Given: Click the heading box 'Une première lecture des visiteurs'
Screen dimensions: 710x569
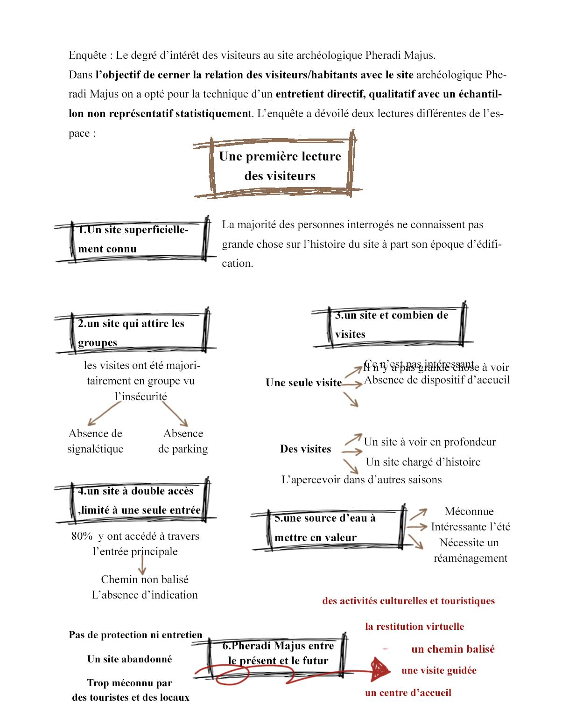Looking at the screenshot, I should [280, 166].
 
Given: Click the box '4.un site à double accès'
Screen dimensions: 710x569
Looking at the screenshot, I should [139, 500].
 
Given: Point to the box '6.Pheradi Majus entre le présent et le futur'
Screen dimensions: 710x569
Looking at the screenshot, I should [278, 653].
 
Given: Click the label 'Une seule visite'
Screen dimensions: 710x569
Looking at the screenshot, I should [303, 383].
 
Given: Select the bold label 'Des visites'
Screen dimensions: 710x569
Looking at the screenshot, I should [305, 449].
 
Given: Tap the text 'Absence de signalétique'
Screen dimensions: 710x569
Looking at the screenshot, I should [95, 441].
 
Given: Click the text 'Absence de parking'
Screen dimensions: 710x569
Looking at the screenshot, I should [183, 441].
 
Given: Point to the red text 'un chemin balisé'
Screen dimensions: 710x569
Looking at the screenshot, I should [453, 649].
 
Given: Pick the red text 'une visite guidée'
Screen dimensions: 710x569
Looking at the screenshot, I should [439, 670].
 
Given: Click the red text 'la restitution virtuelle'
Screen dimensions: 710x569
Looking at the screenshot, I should [414, 626].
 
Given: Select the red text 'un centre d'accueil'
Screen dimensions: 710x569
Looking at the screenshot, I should [408, 693].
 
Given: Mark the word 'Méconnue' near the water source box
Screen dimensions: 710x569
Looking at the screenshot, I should [469, 511].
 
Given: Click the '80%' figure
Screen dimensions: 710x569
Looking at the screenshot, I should [82, 536].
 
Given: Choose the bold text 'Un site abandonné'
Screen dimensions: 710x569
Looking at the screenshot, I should [129, 659].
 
